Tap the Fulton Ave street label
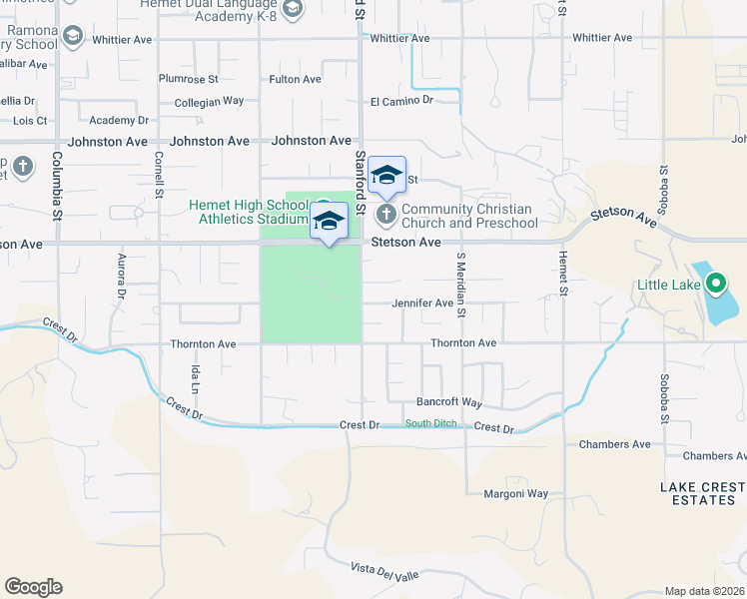[x=295, y=79]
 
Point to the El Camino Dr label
[x=400, y=101]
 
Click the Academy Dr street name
[x=118, y=120]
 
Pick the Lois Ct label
[x=30, y=120]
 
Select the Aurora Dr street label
[x=121, y=279]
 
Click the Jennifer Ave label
[x=422, y=302]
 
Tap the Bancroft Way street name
[x=449, y=403]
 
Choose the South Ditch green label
[x=431, y=424]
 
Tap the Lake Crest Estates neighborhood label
[x=701, y=493]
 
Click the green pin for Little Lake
[x=715, y=285]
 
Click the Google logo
[x=33, y=586]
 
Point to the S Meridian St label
[x=461, y=285]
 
